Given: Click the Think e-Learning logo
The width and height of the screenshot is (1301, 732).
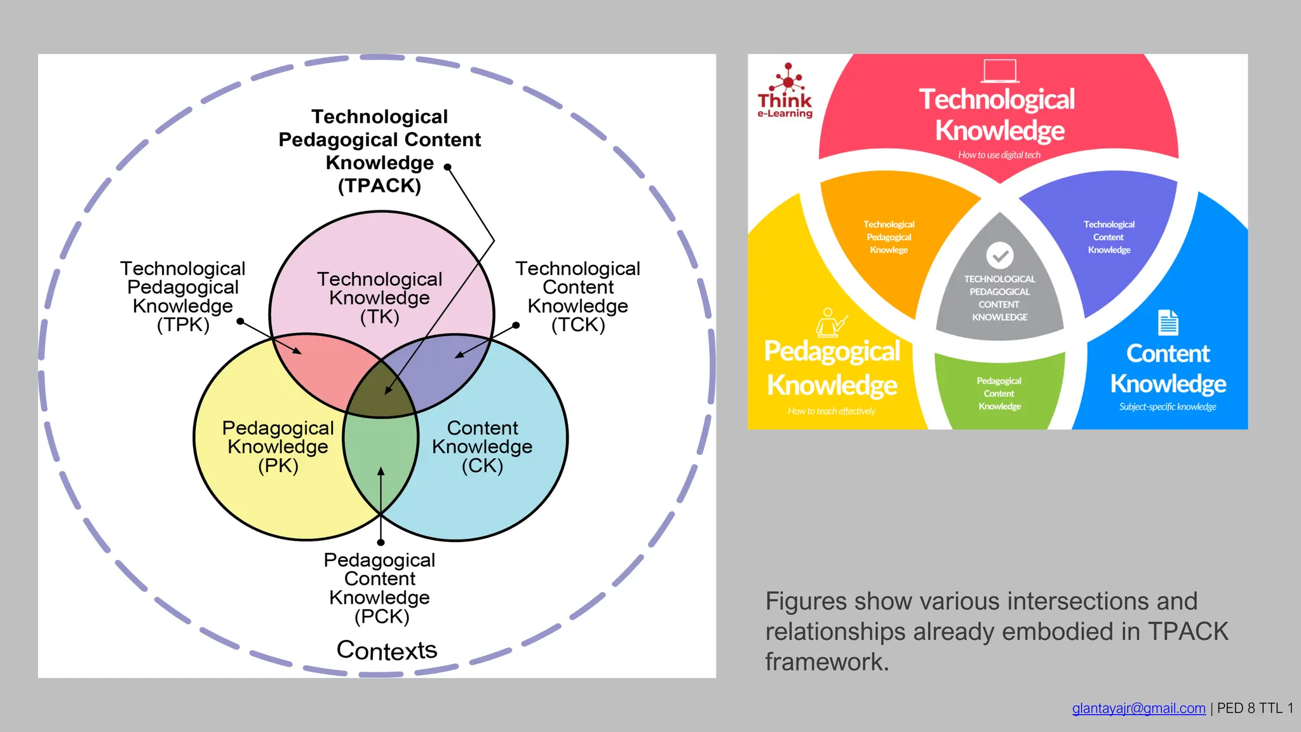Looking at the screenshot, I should point(785,91).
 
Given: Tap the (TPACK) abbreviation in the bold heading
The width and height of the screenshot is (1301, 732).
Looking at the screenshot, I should point(379,186).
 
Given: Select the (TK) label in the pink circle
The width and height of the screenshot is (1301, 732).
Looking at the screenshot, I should point(379,316).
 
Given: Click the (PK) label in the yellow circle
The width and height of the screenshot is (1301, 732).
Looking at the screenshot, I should point(278,466).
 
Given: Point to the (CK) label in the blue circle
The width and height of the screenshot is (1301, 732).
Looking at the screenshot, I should point(482,466).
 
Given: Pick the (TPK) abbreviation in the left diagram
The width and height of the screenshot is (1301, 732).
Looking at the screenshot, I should point(183,325).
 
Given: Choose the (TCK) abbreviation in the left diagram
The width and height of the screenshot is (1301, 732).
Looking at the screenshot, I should point(578,325).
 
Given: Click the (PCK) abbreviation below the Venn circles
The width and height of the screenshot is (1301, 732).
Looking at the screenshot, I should point(381,616).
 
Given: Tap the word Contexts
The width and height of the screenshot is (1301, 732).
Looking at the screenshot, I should point(386,650).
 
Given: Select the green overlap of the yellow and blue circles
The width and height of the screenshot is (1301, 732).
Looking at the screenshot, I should point(379,457).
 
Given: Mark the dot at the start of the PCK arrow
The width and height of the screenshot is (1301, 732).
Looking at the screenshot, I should point(381,543).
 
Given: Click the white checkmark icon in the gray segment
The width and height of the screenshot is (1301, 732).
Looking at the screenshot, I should point(1000,255).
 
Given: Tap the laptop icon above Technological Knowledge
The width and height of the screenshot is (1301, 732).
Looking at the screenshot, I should point(1000,71).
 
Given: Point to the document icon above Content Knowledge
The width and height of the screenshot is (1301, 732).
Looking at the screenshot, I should point(1168,322).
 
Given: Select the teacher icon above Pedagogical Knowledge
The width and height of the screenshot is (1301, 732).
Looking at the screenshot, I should point(830,322).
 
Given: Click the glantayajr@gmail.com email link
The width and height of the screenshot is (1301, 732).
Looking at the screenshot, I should point(1138,708).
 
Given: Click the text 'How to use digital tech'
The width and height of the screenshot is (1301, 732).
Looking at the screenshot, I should point(999,155).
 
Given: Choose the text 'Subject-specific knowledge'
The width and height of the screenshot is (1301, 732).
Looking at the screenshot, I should point(1168,407).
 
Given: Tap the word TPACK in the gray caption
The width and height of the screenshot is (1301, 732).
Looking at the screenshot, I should point(1188,632).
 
